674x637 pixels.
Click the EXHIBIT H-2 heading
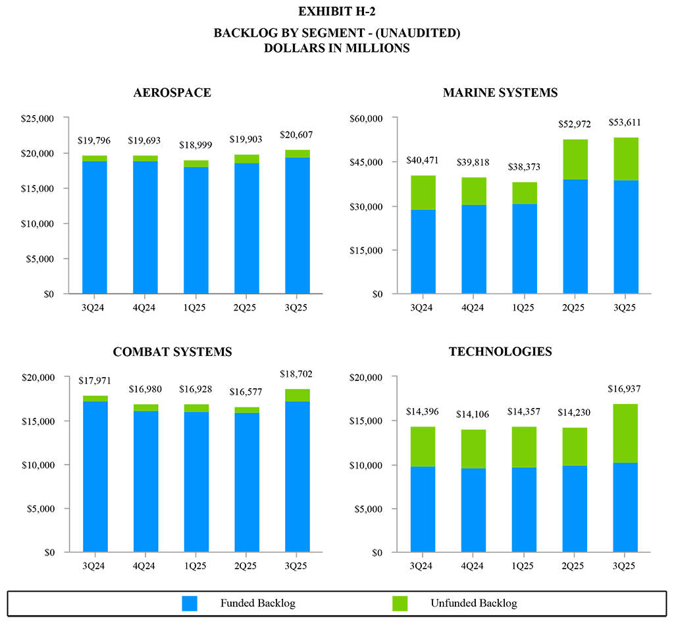[337, 11]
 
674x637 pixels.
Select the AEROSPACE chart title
[172, 93]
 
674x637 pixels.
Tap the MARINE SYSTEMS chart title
[500, 93]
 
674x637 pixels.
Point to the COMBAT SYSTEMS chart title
[172, 352]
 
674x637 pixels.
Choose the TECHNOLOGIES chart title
[500, 352]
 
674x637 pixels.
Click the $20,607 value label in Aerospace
[296, 135]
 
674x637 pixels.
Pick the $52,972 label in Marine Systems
[575, 124]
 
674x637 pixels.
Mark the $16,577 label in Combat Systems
[246, 392]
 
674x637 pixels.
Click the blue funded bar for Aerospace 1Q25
[195, 230]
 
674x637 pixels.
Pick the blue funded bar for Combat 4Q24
[145, 480]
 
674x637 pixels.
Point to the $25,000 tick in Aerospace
[38, 118]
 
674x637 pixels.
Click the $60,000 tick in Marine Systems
[366, 118]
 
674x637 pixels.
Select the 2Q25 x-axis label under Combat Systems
[246, 565]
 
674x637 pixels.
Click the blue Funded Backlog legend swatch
[190, 603]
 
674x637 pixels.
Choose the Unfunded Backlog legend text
[474, 603]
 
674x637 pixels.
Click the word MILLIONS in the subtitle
[379, 48]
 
